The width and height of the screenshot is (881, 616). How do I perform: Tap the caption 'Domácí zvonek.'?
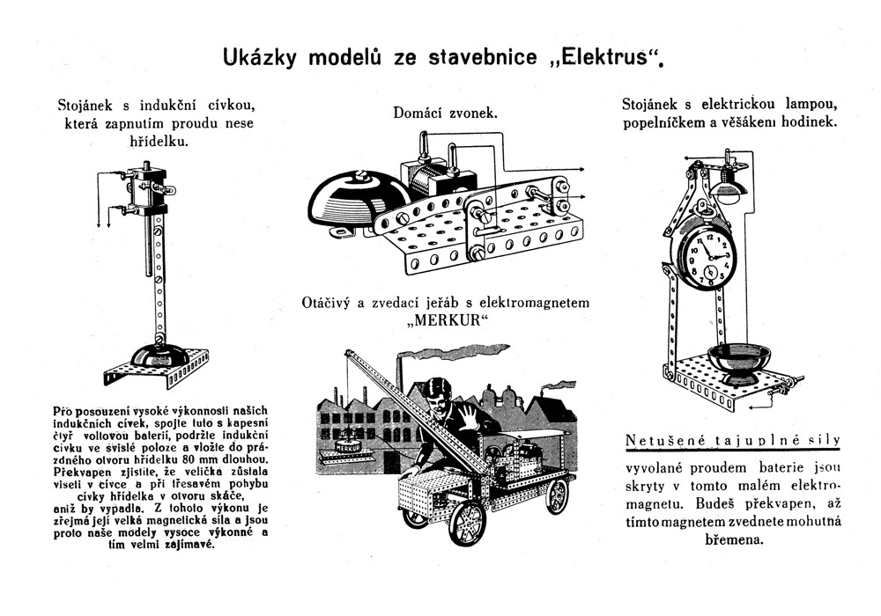(445, 113)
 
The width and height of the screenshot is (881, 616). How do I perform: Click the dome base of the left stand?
(158, 356)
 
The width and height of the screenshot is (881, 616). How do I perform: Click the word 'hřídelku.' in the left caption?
(159, 141)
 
